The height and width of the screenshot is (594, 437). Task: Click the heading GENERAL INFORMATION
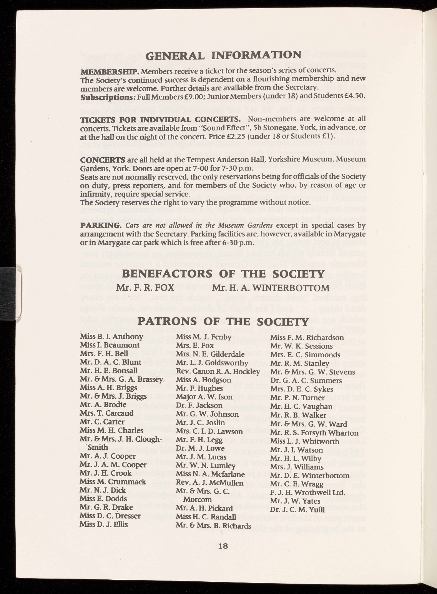click(223, 55)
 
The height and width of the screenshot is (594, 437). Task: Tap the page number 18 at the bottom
click(223, 546)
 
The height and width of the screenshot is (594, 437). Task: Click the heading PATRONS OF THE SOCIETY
click(223, 321)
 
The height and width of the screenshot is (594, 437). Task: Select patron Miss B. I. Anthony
click(111, 337)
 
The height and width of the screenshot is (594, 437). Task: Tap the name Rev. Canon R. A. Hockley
click(218, 371)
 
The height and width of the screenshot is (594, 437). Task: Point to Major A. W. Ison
click(199, 397)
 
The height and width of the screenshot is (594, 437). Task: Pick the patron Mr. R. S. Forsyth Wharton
click(314, 433)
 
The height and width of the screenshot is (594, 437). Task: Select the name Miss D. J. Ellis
click(103, 524)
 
